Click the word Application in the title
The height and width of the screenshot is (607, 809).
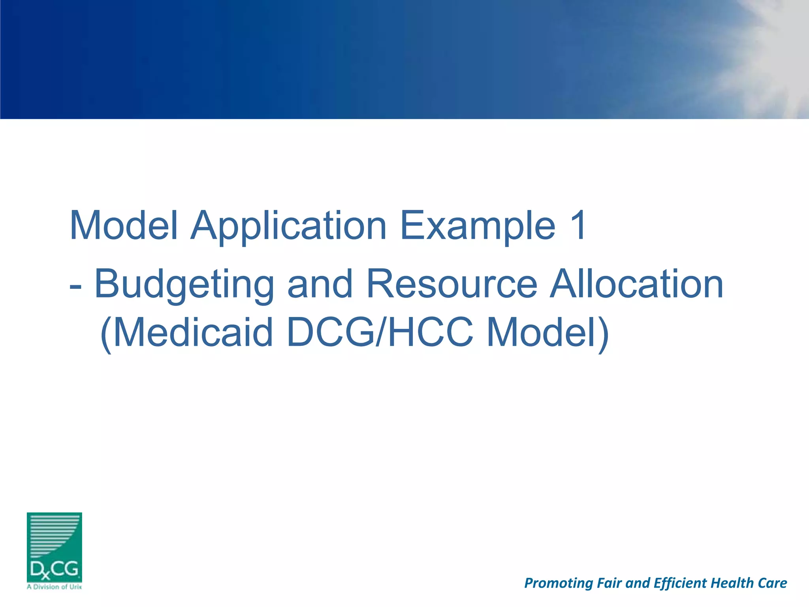point(288,226)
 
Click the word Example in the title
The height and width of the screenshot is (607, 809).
point(478,226)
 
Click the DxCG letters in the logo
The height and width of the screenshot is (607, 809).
point(54,569)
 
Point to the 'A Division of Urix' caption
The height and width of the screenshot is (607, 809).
point(54,587)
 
